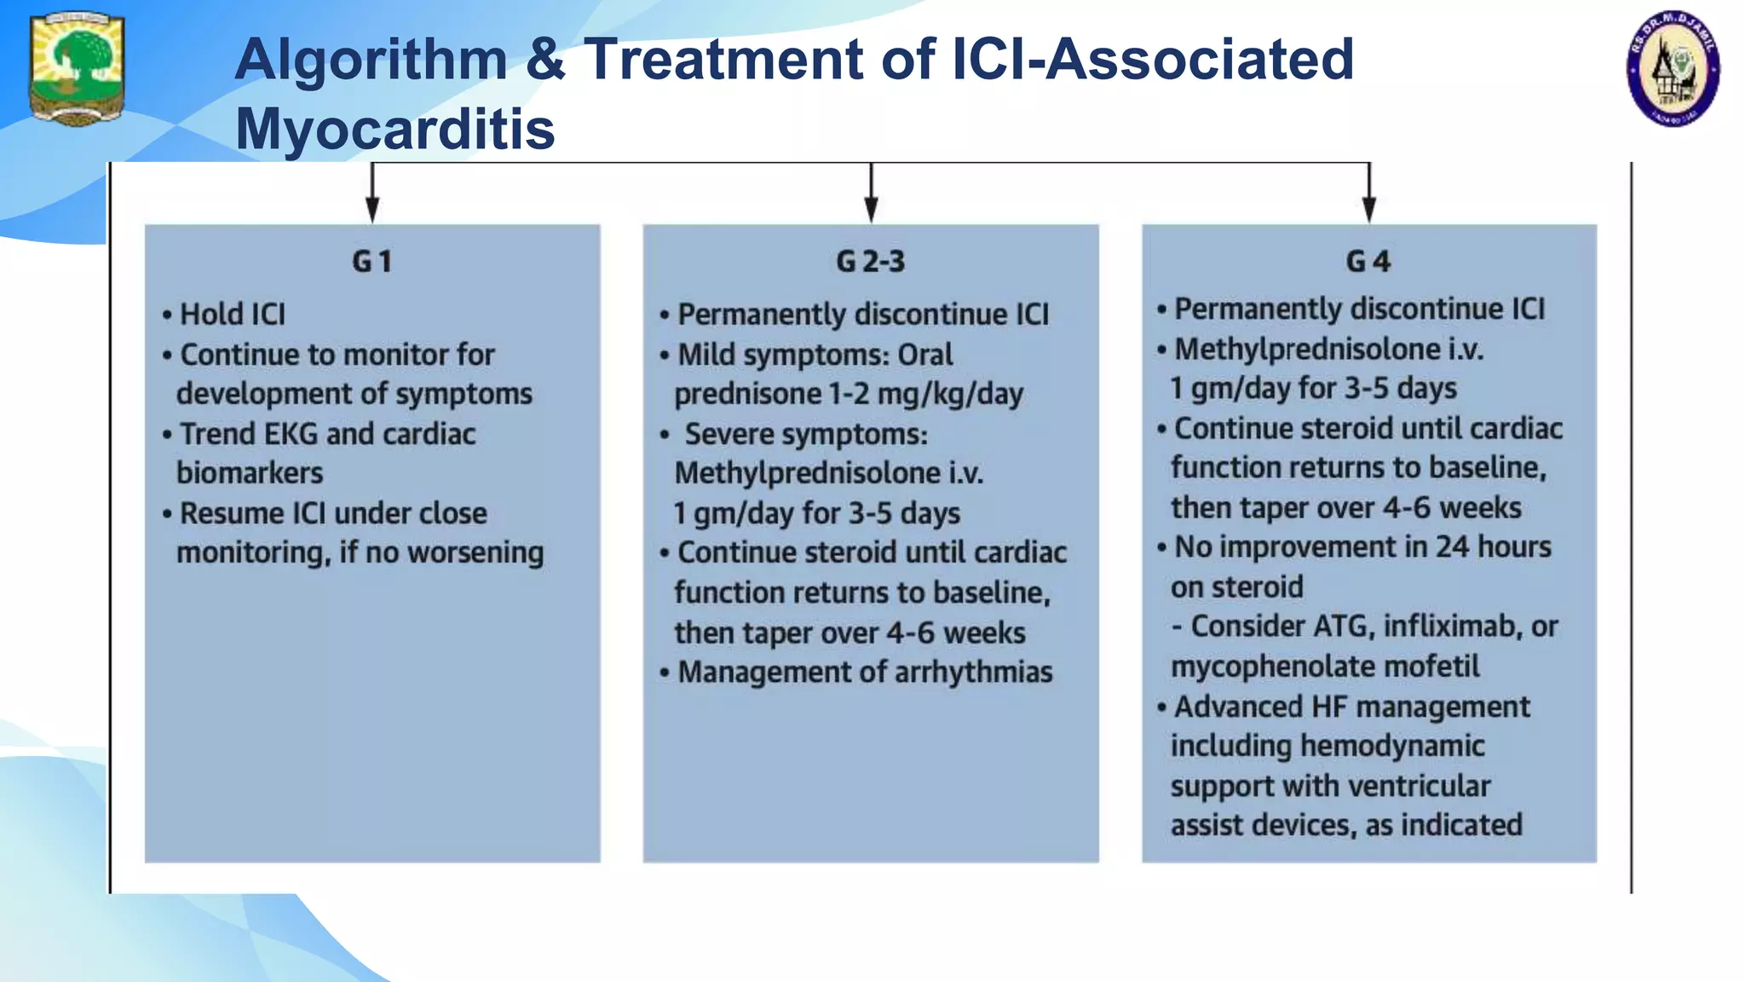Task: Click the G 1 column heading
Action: (x=372, y=262)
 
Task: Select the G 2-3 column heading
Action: (x=870, y=262)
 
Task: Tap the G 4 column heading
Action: (x=1368, y=262)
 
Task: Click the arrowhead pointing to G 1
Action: (x=372, y=208)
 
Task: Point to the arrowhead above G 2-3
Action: (x=871, y=208)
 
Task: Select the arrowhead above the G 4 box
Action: (x=1369, y=208)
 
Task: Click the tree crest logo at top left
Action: (x=77, y=68)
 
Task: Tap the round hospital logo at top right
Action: (x=1673, y=69)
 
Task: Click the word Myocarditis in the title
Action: (x=395, y=129)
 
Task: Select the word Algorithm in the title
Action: (x=371, y=60)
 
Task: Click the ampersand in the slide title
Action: (x=545, y=60)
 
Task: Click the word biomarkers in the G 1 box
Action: (x=250, y=473)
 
